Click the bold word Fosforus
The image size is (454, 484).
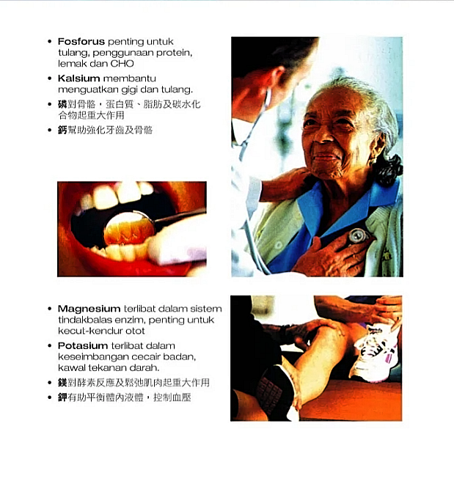coord(81,41)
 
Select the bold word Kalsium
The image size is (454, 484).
coord(78,78)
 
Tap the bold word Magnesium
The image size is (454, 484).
coord(89,309)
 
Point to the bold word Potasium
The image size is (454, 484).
coord(82,345)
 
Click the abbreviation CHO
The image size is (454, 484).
coord(122,64)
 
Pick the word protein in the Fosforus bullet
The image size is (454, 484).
coord(174,53)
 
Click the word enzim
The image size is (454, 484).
coord(130,320)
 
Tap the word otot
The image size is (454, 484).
coord(135,331)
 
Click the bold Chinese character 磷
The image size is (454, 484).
coord(62,104)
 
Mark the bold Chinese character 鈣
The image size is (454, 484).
coord(62,130)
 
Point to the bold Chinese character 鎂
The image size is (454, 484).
coord(62,383)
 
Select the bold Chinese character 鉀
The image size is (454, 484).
coord(62,397)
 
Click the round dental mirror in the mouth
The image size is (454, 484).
coord(129,228)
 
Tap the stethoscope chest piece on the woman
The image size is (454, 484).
coord(358,236)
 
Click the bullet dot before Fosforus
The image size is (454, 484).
coord(50,41)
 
